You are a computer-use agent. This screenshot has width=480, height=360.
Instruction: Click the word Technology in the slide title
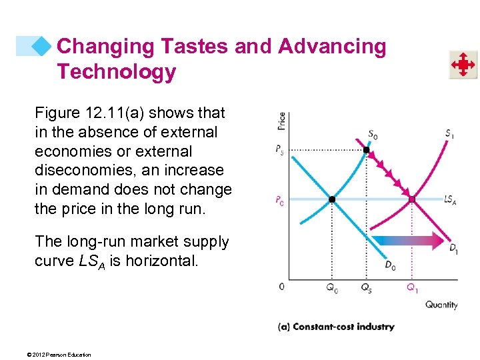[x=116, y=71]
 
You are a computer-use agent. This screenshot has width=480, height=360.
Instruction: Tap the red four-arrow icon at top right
[x=462, y=65]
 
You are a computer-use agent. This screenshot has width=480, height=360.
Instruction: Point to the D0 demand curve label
[x=391, y=265]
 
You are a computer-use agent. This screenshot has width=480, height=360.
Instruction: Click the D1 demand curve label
[x=453, y=249]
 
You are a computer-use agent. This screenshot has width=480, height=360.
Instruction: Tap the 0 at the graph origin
[x=282, y=287]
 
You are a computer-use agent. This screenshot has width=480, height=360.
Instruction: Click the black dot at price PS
[x=365, y=150]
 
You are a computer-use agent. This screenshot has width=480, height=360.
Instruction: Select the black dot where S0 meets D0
[x=331, y=199]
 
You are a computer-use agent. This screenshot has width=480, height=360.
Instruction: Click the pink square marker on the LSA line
[x=412, y=199]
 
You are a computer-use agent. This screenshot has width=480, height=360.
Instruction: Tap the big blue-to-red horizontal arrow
[x=407, y=241]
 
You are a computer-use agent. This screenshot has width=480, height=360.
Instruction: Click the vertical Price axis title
[x=281, y=121]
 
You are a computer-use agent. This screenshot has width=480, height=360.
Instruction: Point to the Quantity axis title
[x=441, y=305]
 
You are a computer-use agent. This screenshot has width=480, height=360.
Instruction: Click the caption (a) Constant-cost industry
[x=335, y=327]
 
